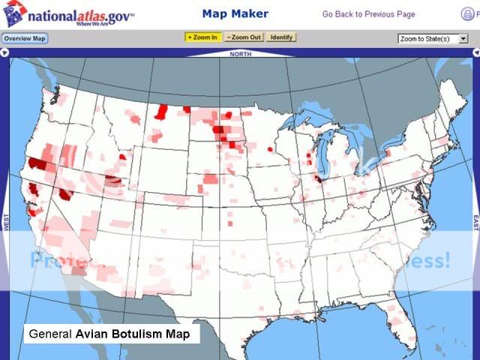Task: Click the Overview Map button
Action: [x=25, y=38]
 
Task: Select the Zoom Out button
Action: [x=244, y=37]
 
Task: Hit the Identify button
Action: [x=281, y=37]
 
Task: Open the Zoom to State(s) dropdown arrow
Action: [x=463, y=38]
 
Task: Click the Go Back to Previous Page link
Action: [x=368, y=14]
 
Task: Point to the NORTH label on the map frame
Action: [x=241, y=54]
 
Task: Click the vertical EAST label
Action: [x=475, y=223]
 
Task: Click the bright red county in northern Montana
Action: [x=161, y=112]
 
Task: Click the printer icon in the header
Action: [x=468, y=14]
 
